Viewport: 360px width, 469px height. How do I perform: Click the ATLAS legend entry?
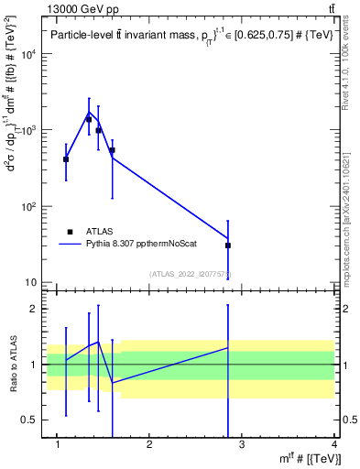point(98,232)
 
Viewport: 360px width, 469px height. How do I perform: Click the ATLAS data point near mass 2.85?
point(228,245)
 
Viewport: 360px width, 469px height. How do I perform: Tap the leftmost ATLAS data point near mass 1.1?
point(66,159)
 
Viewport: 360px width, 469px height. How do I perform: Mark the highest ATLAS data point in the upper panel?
point(89,119)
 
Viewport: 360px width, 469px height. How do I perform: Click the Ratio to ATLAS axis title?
point(13,364)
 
